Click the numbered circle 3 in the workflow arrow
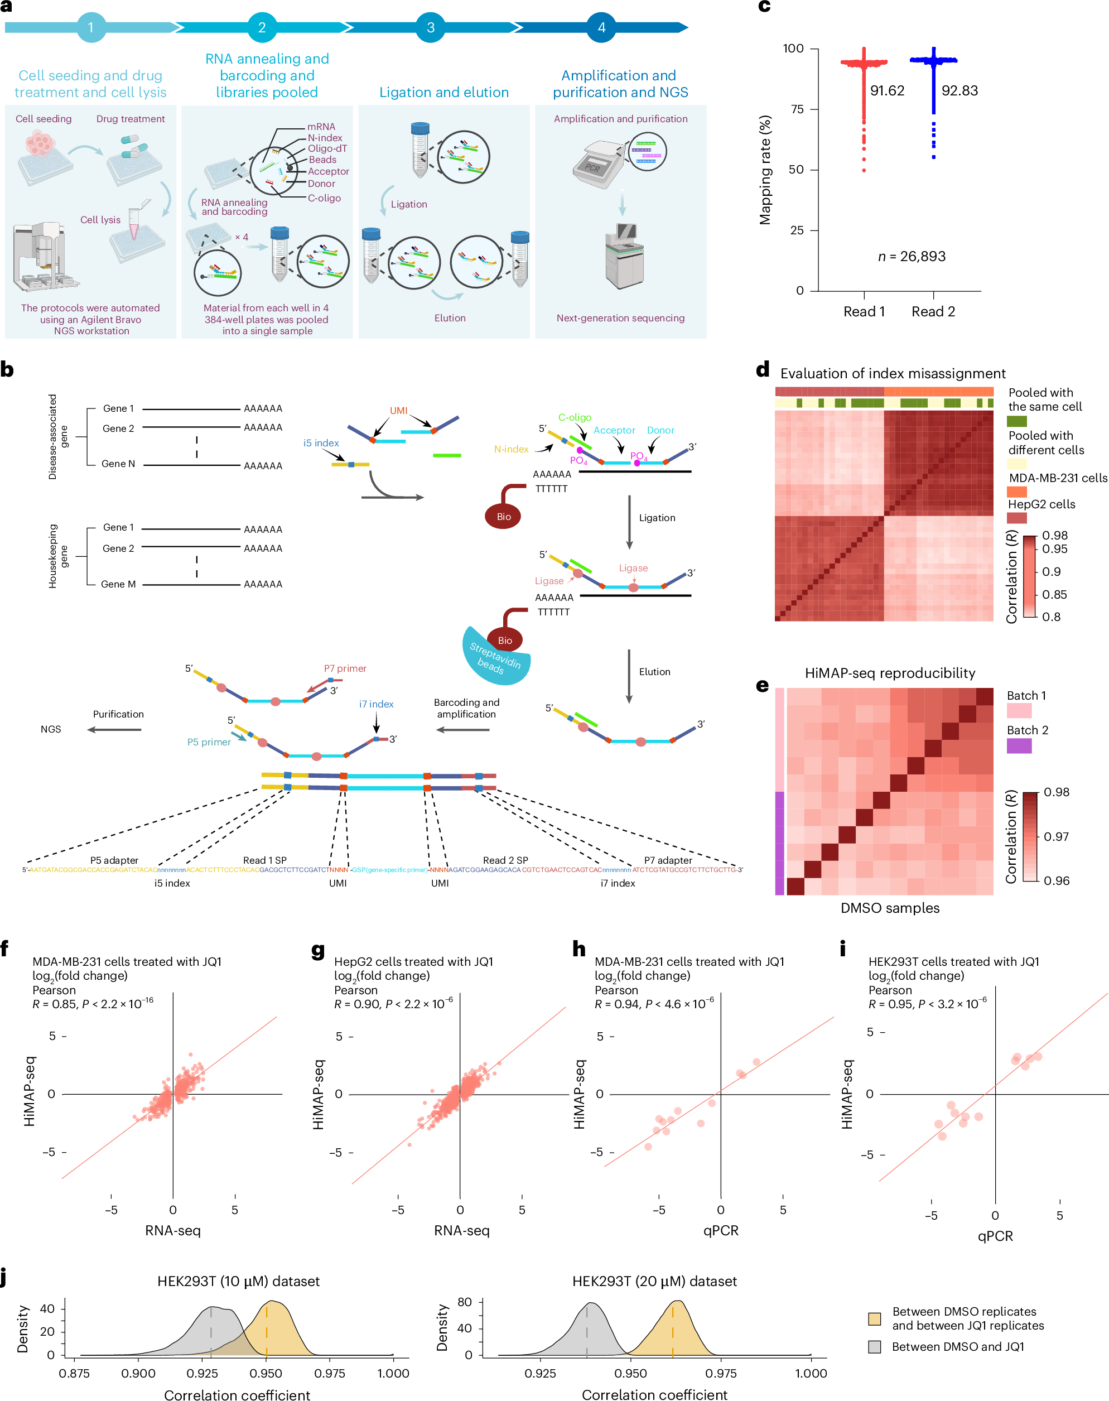pos(431,27)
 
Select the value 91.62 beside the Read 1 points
pos(887,91)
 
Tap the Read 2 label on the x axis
pos(933,312)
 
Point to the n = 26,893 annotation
pos(912,257)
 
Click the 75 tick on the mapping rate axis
pos(797,109)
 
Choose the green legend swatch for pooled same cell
pos(1017,421)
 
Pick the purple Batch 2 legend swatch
pos(1019,745)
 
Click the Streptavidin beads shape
pos(495,658)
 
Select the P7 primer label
pos(345,668)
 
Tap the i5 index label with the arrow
pos(321,443)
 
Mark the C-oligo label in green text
pos(575,417)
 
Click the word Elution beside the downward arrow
pos(654,672)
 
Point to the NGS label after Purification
pos(51,729)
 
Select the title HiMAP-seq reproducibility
pos(890,673)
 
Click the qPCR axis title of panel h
pos(721,1230)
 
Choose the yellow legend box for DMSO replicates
pos(875,1318)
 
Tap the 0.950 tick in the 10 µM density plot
pos(266,1373)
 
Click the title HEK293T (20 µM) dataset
pos(654,1281)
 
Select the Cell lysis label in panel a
pos(100,219)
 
